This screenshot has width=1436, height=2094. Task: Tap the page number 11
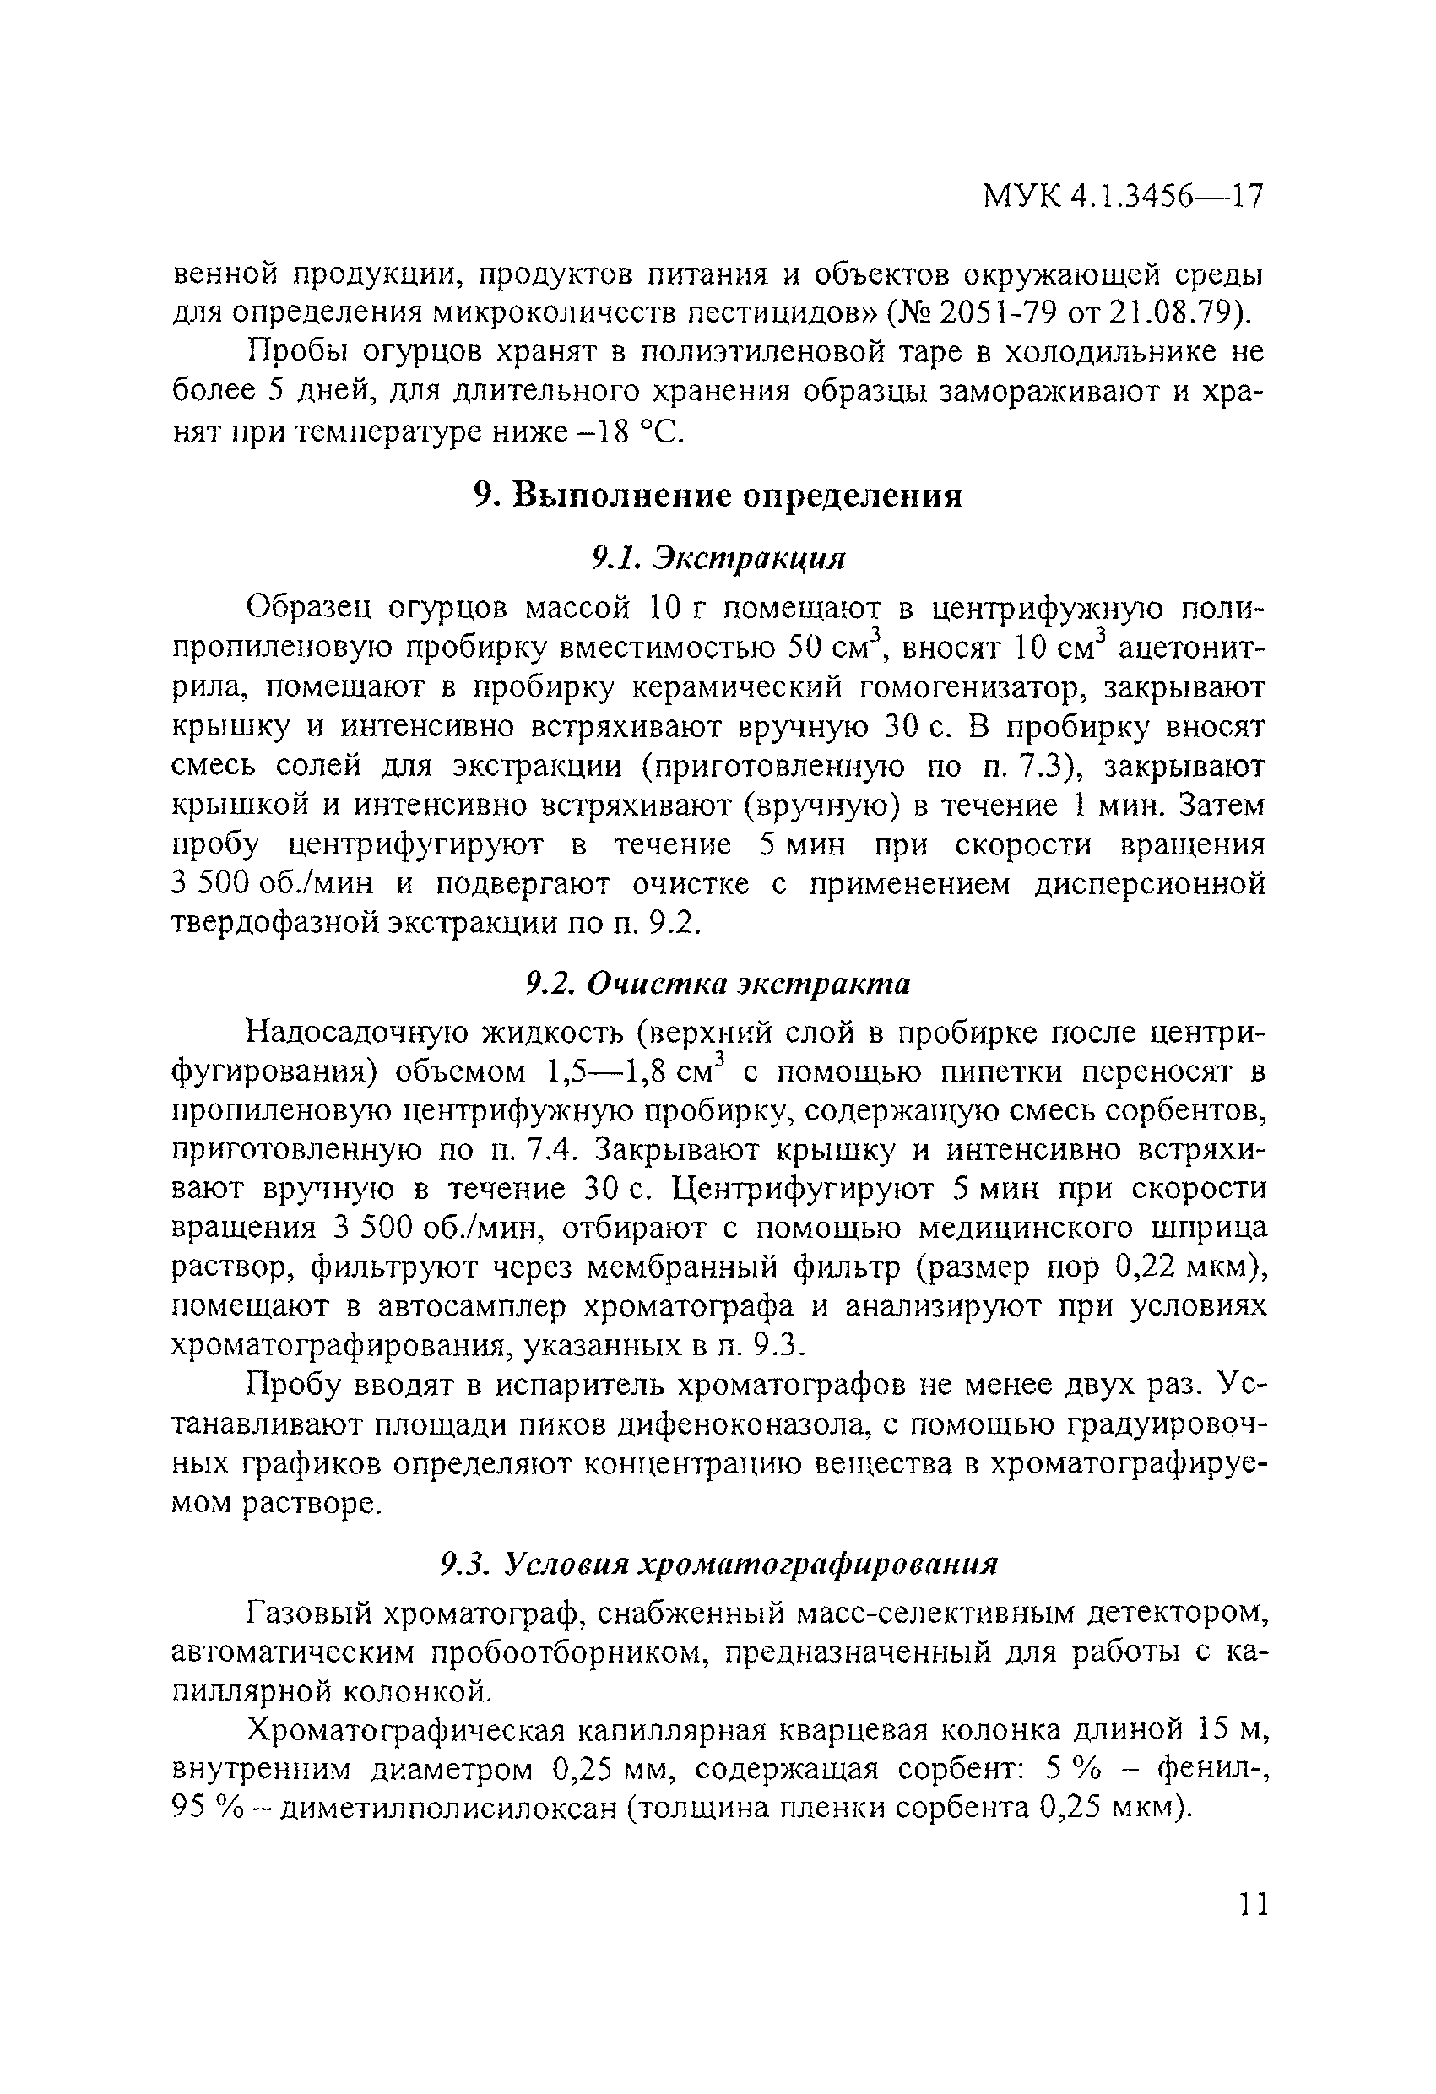[1251, 1904]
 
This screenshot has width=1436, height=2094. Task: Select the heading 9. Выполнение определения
[718, 496]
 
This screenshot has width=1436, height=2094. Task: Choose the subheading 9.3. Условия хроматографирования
[718, 1563]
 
